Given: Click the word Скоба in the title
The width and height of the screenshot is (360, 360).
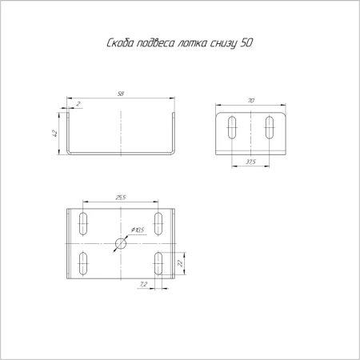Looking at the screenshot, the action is click(x=120, y=43).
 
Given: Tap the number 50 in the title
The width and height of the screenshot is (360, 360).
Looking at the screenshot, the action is click(x=246, y=43).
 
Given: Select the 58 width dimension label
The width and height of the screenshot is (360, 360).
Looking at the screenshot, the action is click(x=121, y=94).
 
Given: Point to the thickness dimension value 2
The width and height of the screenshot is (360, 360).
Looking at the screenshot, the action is click(x=78, y=104).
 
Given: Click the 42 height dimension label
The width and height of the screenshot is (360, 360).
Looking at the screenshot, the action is click(x=54, y=134).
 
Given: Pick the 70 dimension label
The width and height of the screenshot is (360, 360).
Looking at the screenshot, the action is click(x=251, y=101).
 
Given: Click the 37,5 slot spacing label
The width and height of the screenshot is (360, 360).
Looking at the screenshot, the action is click(x=250, y=162).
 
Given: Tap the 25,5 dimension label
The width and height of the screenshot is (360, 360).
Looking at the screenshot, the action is click(x=121, y=198).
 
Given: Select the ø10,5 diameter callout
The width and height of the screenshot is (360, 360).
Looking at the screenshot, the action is click(x=138, y=230).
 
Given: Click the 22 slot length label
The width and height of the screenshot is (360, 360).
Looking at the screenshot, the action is click(x=180, y=263).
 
